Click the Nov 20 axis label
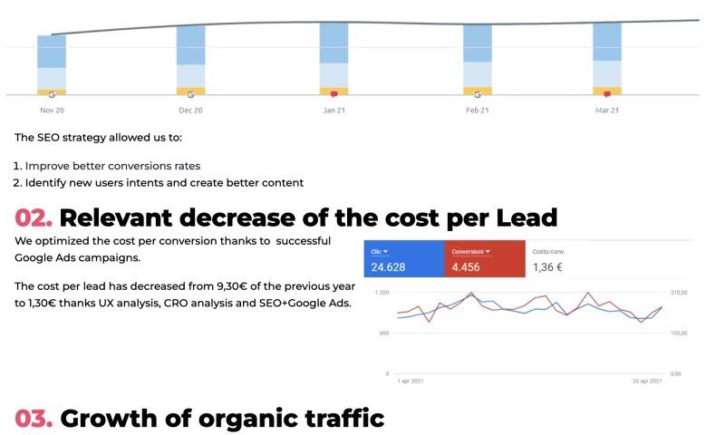[x=52, y=111]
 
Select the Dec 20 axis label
[x=190, y=111]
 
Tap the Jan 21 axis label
[x=334, y=111]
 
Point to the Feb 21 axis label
[x=478, y=111]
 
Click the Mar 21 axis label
[x=607, y=111]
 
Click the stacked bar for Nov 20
[x=52, y=64]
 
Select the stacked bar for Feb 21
[x=478, y=59]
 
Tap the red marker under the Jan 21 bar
[x=333, y=94]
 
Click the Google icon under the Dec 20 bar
[x=190, y=93]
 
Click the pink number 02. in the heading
[x=34, y=218]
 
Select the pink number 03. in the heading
[x=34, y=419]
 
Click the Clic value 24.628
[x=391, y=267]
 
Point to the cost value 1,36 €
[x=548, y=267]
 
